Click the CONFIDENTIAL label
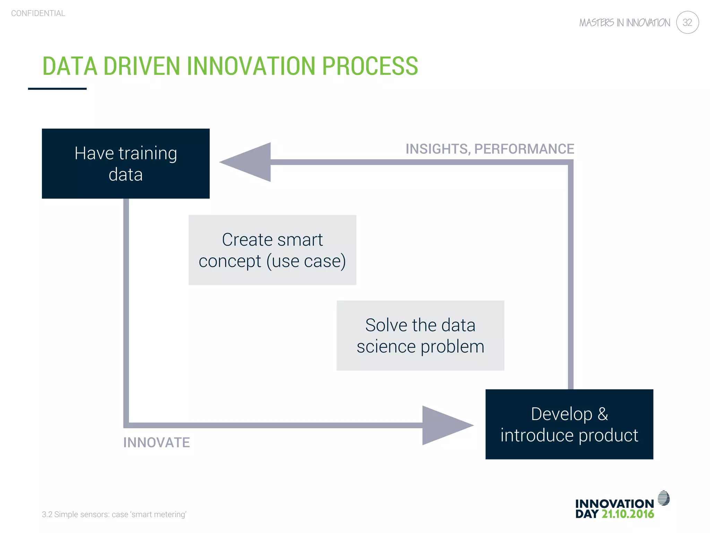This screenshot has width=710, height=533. (38, 13)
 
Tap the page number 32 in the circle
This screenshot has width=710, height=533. (687, 23)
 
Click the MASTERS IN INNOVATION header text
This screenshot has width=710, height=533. (624, 23)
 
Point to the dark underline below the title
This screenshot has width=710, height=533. (57, 89)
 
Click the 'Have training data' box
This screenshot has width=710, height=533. (125, 163)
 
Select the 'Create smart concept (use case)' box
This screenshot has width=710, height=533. (272, 250)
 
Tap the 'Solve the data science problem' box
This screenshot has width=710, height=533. (420, 336)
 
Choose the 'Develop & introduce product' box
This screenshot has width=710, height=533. (569, 424)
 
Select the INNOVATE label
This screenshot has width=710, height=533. (156, 442)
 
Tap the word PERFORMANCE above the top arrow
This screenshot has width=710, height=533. (524, 149)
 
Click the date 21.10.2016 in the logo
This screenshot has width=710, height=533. (627, 514)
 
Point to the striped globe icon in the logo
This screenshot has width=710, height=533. (664, 498)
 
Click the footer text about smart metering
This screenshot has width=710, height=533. (114, 514)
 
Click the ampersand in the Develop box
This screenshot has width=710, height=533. (603, 414)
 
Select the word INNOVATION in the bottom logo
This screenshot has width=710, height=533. (614, 504)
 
